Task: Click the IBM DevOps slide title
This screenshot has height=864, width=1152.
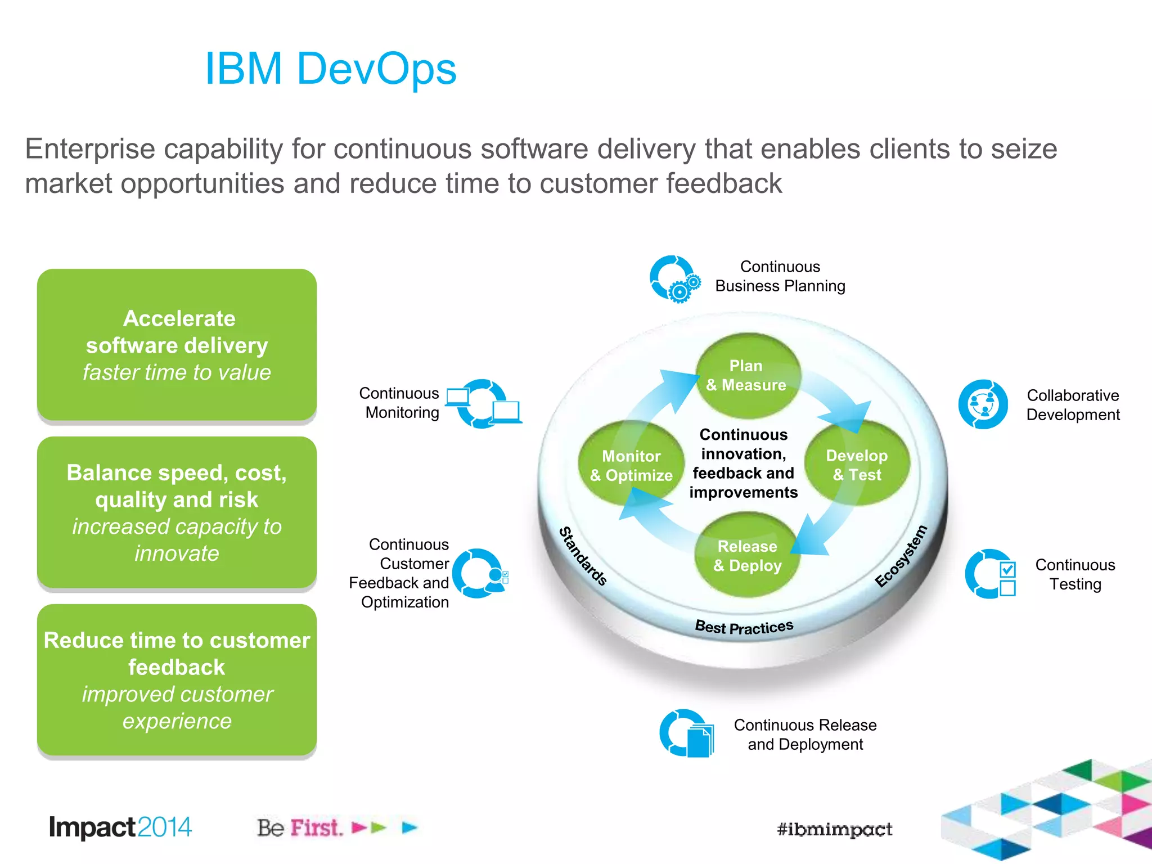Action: tap(331, 69)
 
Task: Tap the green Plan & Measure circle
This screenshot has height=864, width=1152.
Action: tap(746, 375)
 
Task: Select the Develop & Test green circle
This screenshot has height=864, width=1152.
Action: tap(857, 465)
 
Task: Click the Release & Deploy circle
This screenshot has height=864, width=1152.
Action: tap(747, 556)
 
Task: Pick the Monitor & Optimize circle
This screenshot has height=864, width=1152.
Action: tap(631, 465)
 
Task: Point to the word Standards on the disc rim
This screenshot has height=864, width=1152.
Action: tap(583, 556)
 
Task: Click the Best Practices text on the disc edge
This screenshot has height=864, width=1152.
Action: tap(744, 627)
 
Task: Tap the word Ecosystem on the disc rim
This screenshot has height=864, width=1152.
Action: tap(901, 556)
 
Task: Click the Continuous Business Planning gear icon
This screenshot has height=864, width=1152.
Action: tap(675, 280)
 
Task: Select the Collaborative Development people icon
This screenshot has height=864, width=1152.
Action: tap(983, 404)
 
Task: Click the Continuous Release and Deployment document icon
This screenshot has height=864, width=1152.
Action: tap(686, 733)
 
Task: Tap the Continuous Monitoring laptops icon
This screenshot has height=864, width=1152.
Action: tap(484, 404)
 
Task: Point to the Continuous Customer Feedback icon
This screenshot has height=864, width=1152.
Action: tap(479, 573)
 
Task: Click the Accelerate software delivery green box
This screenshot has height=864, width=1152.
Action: tap(177, 344)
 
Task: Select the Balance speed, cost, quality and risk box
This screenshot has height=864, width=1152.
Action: tap(177, 512)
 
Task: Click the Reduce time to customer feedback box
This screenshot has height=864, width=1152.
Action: tap(177, 680)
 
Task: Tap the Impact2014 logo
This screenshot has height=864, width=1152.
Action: tap(120, 827)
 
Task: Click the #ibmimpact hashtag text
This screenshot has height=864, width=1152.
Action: tap(834, 829)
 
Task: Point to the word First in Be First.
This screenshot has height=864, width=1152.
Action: tap(316, 828)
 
